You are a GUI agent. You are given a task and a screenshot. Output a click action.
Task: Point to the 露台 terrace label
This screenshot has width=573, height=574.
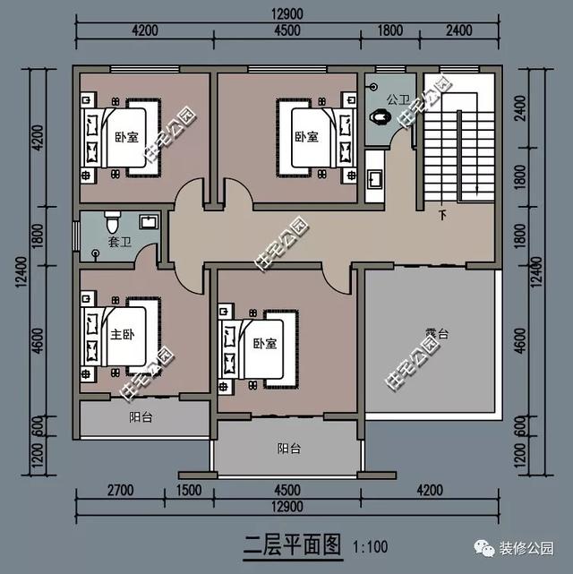coord(436,333)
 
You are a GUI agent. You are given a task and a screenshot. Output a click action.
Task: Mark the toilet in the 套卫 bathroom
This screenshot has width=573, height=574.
coord(112,219)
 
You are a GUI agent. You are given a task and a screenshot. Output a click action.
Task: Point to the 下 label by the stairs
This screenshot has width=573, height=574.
coord(441,216)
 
